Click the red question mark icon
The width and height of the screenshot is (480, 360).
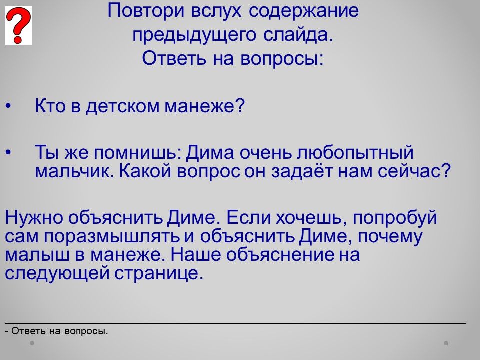(18, 25)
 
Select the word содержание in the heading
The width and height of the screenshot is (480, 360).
(303, 11)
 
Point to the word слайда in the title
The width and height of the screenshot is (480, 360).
(298, 35)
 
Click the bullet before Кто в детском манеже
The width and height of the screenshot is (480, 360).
(8, 106)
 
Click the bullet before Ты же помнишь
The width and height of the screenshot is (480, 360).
(8, 152)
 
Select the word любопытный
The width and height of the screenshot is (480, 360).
(355, 153)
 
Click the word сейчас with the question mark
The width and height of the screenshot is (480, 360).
(414, 171)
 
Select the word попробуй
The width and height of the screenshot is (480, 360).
(395, 218)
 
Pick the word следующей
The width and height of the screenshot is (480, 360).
(57, 273)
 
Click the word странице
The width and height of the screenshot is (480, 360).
(159, 273)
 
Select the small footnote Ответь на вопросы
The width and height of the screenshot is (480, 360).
(56, 331)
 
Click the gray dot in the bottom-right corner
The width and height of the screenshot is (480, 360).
(446, 343)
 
